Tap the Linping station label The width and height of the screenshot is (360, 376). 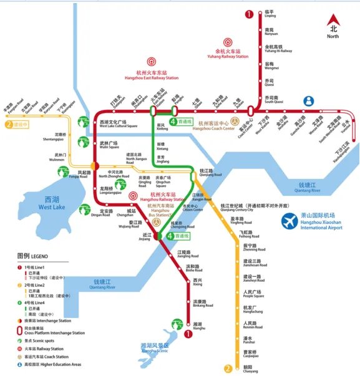point(270,14)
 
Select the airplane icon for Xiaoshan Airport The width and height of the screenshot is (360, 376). point(289,221)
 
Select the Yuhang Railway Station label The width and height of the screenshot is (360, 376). point(227,54)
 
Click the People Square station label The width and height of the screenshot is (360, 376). point(252,294)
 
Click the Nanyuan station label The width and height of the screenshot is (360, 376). point(270,31)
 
